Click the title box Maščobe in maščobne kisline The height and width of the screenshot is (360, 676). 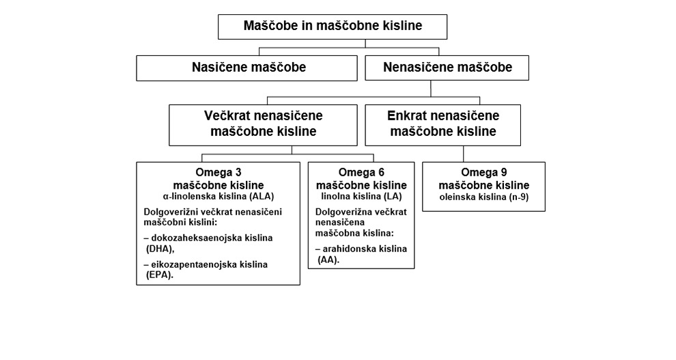333,27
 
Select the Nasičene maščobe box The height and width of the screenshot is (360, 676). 247,68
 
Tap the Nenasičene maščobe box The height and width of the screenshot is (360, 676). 447,68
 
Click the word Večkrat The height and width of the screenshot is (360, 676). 227,115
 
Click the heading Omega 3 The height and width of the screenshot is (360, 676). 219,172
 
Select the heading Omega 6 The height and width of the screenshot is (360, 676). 361,172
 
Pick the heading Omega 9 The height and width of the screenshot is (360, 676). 483,172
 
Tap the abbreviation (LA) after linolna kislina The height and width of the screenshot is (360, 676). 393,197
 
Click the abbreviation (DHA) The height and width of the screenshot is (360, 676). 160,249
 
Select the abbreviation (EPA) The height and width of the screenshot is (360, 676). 160,275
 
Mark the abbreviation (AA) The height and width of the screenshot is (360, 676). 328,260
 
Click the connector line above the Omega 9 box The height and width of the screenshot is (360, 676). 464,154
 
